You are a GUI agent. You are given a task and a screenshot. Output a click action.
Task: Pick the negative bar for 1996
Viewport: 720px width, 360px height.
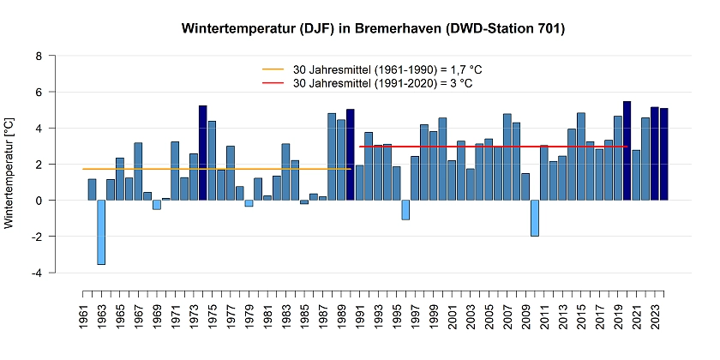pyautogui.click(x=405, y=210)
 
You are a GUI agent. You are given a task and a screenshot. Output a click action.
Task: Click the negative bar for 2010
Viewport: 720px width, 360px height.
pyautogui.click(x=534, y=218)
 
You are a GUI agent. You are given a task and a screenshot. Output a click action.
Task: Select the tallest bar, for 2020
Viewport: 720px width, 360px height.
pyautogui.click(x=627, y=151)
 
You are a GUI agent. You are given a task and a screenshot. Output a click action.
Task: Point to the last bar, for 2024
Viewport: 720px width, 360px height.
pyautogui.click(x=663, y=154)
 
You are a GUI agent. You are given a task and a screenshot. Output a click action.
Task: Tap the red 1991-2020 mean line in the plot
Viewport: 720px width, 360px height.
pyautogui.click(x=514, y=147)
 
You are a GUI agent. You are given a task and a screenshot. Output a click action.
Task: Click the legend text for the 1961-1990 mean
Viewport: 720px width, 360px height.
pyautogui.click(x=381, y=69)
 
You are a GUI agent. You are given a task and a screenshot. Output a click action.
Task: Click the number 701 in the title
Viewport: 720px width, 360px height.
pyautogui.click(x=546, y=29)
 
